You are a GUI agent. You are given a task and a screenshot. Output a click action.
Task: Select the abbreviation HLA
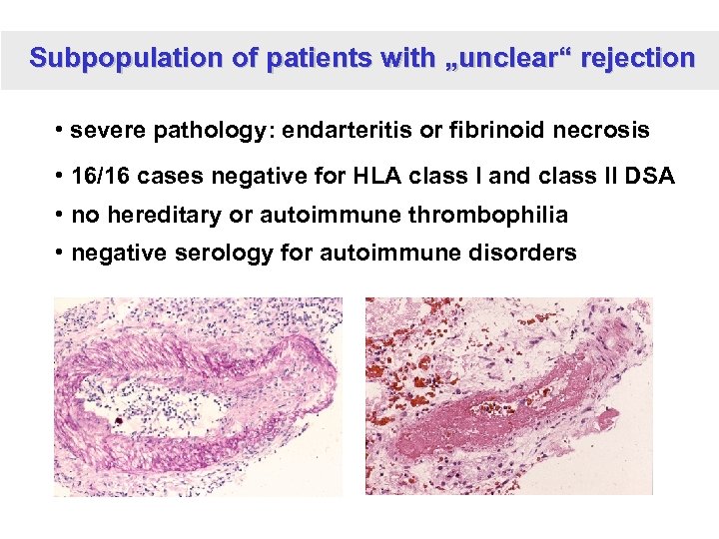pyautogui.click(x=366, y=177)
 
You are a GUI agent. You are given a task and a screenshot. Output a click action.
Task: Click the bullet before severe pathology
pyautogui.click(x=61, y=131)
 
